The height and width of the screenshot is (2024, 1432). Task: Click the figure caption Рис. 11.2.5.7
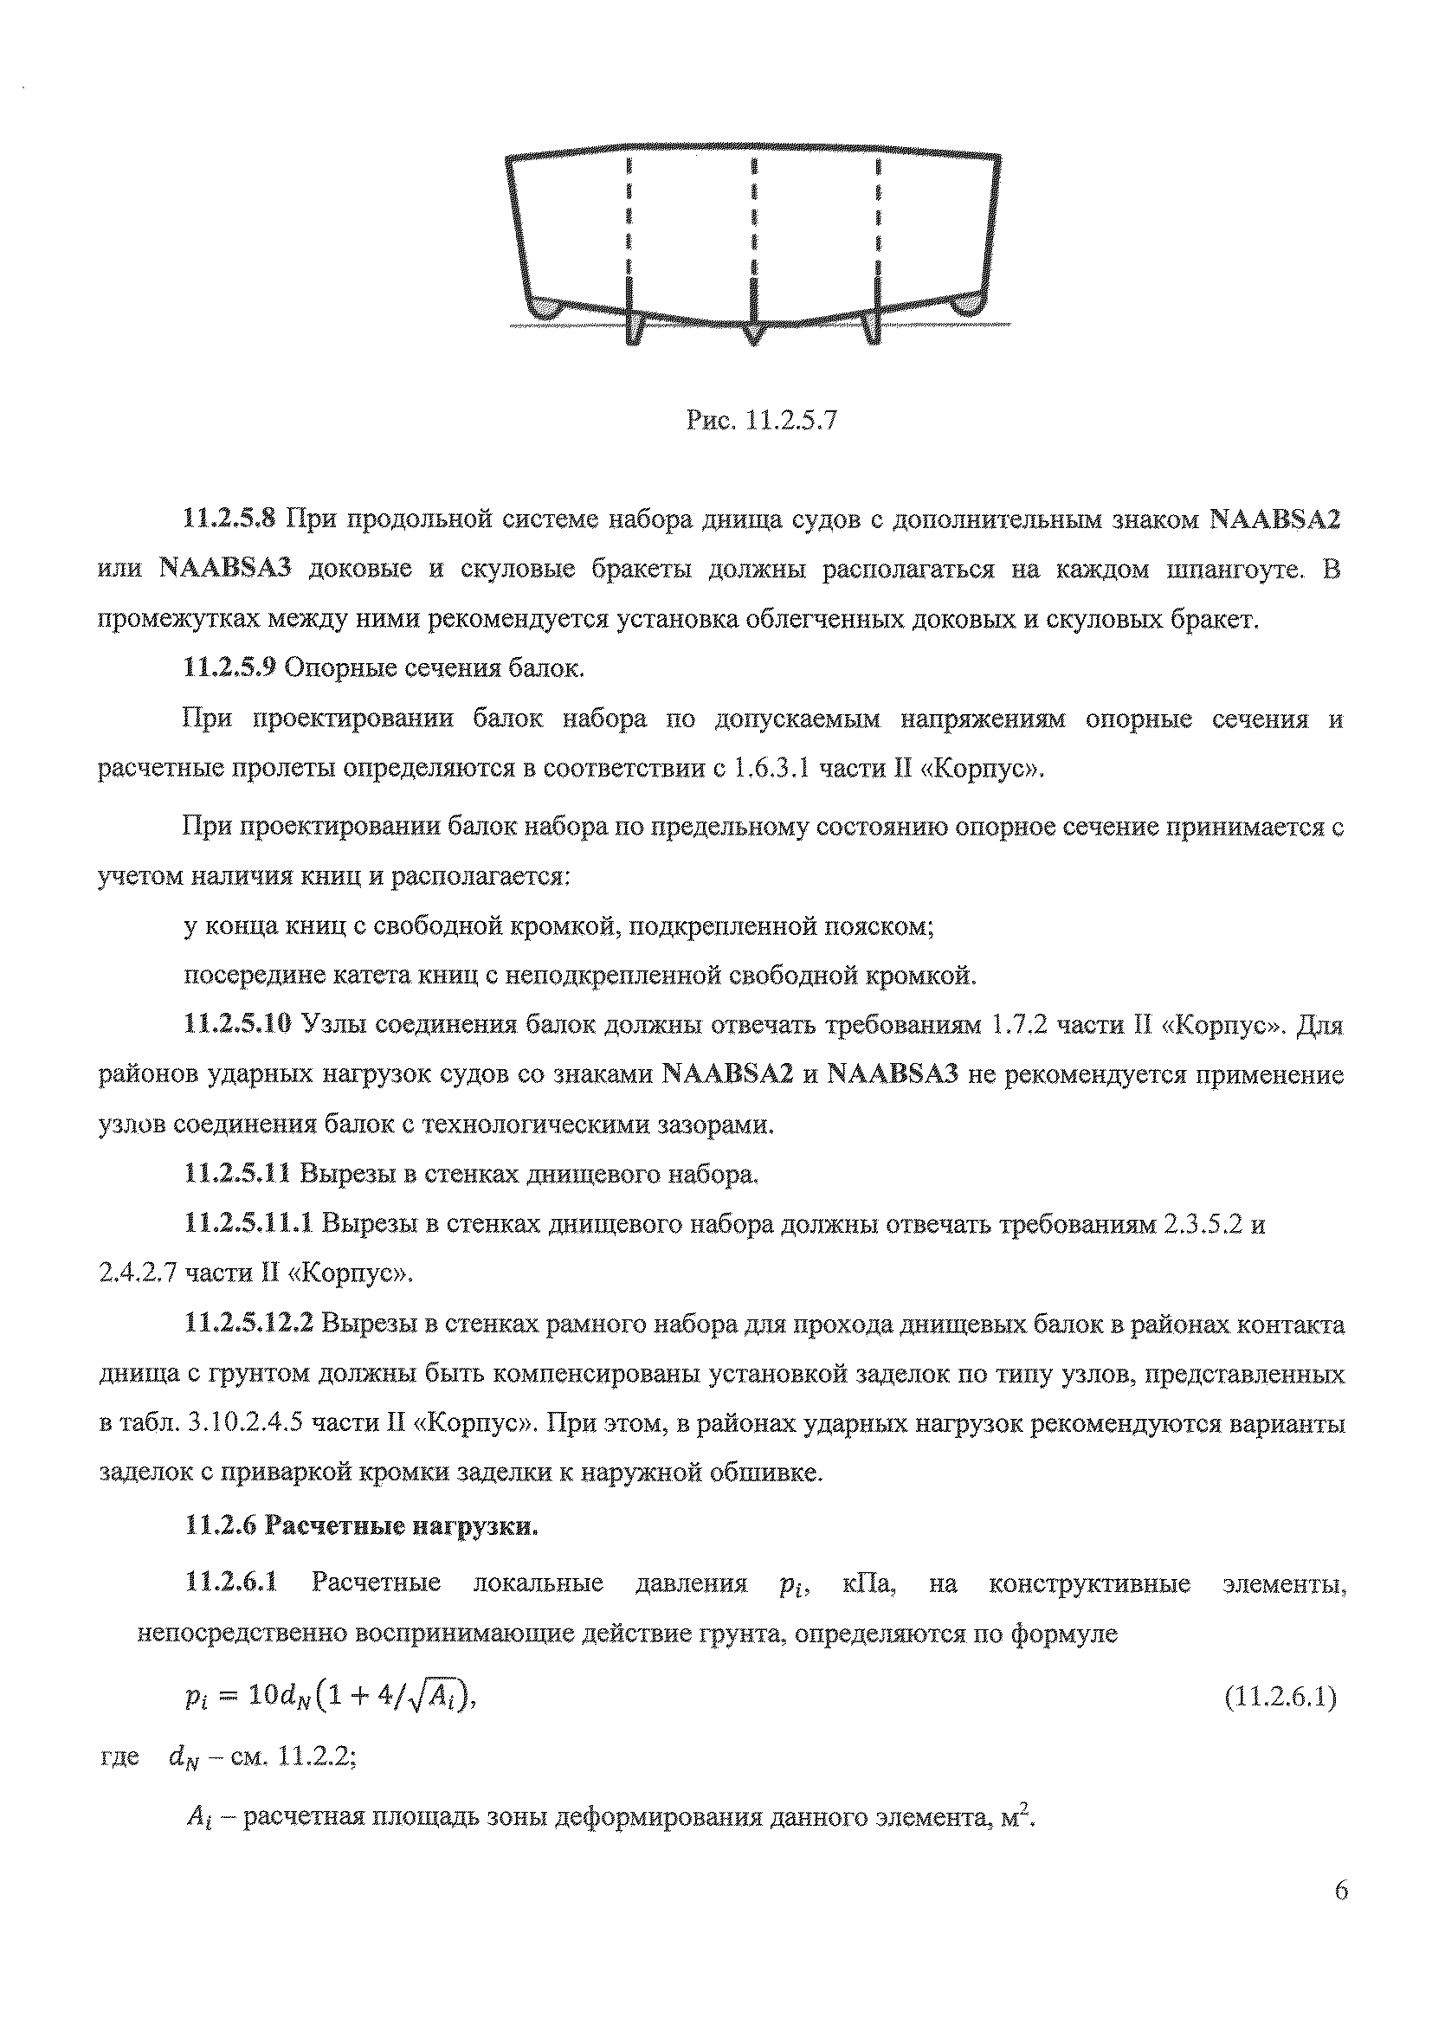click(760, 422)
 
